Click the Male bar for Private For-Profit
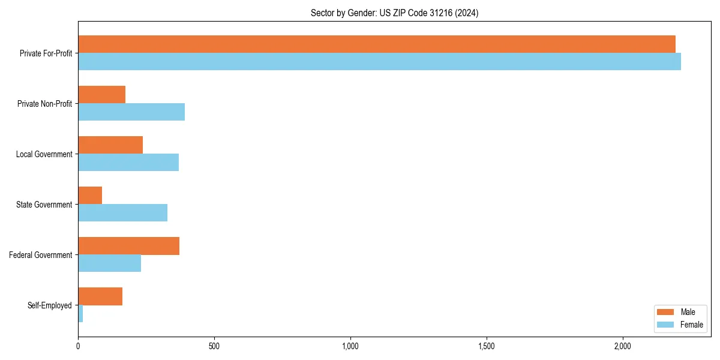(377, 44)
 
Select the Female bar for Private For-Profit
(379, 62)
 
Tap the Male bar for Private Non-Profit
(102, 95)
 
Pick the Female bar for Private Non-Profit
(131, 112)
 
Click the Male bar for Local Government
(110, 145)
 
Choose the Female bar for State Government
(123, 213)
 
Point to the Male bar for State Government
(90, 196)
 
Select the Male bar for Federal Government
(129, 246)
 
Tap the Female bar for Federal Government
(110, 263)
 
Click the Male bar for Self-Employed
(100, 296)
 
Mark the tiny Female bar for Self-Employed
(80, 314)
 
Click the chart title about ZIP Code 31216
(394, 13)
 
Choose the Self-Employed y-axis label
(50, 305)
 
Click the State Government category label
(44, 205)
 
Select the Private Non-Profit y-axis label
(44, 104)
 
